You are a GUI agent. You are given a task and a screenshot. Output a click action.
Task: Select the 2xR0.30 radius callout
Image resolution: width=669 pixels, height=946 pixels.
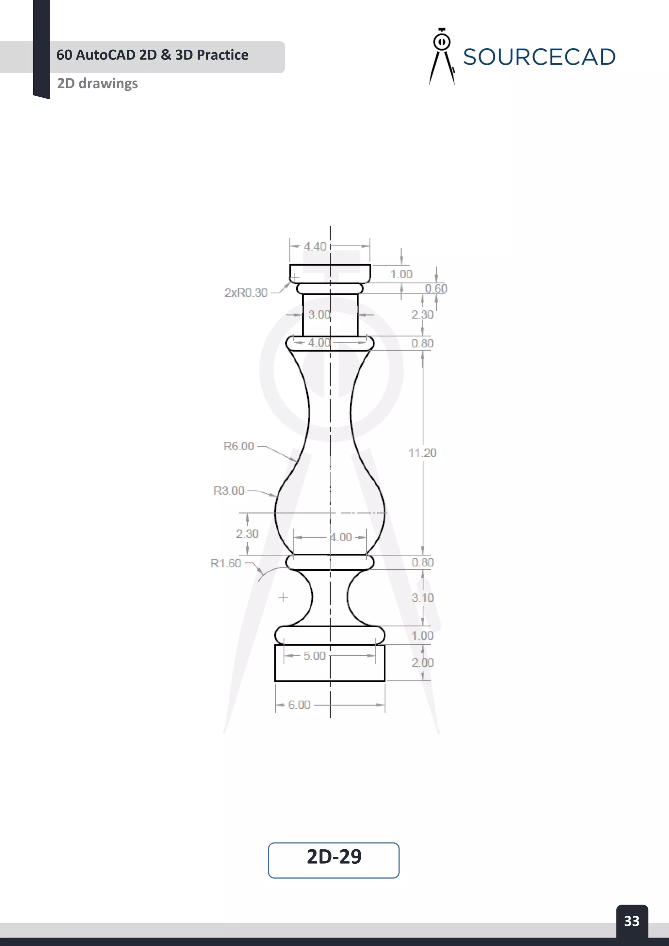(x=246, y=293)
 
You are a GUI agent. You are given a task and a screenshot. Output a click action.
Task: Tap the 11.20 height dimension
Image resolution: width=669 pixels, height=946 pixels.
(x=422, y=453)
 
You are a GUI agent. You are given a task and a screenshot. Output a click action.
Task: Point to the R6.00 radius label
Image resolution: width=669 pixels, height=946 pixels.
(x=239, y=446)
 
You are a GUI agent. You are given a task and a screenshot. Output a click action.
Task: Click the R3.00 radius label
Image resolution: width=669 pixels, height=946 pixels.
(x=229, y=491)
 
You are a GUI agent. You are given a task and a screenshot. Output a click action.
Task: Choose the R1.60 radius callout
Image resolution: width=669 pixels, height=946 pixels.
(x=226, y=563)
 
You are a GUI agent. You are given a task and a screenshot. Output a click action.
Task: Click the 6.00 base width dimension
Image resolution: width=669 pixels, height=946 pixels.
(x=299, y=705)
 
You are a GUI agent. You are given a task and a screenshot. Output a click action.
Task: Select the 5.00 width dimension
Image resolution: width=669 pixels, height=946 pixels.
(x=314, y=656)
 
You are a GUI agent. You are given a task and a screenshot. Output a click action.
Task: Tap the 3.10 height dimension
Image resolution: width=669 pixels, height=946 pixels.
(x=423, y=598)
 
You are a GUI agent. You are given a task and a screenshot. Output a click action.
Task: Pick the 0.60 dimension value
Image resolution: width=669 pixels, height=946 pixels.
(x=436, y=288)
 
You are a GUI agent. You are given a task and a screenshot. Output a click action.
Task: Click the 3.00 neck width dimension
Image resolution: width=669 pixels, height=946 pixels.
(x=319, y=315)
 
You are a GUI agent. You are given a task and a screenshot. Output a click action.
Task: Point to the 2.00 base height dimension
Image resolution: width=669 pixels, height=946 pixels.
(x=423, y=663)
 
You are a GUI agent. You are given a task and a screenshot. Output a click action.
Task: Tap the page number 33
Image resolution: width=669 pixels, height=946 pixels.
(x=631, y=921)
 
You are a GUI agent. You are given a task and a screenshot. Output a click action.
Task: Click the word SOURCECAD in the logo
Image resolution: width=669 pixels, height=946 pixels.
(x=539, y=57)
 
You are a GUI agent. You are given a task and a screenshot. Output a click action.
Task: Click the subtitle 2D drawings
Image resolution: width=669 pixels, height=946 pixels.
(x=97, y=84)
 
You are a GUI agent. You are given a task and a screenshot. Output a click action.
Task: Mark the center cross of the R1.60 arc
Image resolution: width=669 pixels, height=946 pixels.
(x=283, y=597)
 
